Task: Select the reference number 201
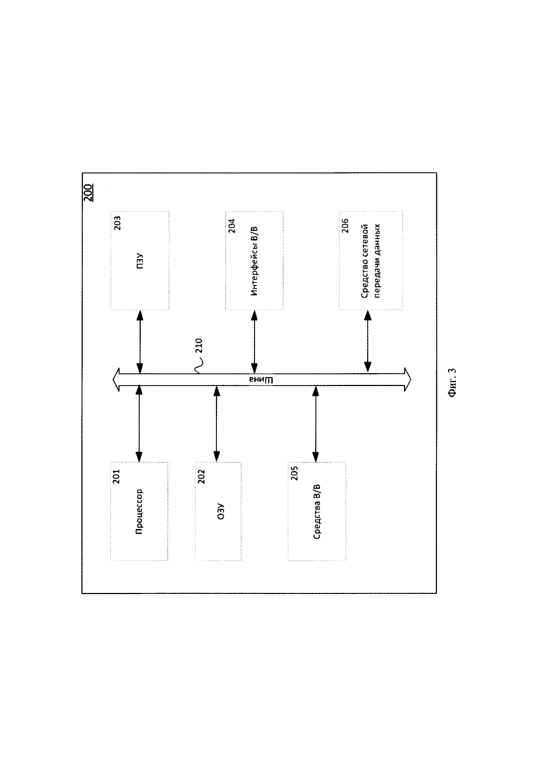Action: (116, 476)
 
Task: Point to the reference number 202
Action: (201, 476)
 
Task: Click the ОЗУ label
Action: (221, 512)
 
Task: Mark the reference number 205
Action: (294, 473)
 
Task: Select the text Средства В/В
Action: (317, 512)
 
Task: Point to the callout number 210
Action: (199, 345)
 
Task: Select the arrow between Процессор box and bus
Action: (139, 424)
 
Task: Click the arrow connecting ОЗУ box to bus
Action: (217, 424)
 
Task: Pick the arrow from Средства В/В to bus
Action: (315, 424)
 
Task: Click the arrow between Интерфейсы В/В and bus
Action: (254, 342)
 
